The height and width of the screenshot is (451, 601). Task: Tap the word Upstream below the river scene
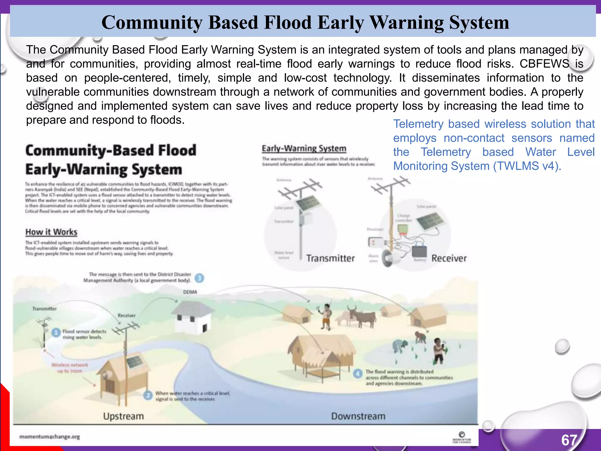point(124,416)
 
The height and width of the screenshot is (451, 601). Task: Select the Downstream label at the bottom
point(358,416)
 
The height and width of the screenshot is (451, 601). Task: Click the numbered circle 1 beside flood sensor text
point(56,333)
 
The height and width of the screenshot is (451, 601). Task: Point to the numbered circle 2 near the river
point(148,395)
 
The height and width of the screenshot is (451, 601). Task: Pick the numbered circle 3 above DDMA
point(199,278)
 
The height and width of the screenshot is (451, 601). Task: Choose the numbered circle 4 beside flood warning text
point(357,374)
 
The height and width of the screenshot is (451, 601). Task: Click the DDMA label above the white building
point(190,292)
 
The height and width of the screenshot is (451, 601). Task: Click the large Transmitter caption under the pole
point(330,258)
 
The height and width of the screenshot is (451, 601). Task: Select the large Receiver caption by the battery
point(449,258)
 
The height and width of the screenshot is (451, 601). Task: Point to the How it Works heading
point(51,232)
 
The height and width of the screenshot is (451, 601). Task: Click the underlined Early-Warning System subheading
point(304,148)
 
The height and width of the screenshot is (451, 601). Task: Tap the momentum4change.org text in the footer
point(50,437)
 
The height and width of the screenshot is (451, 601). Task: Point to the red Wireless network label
point(70,365)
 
